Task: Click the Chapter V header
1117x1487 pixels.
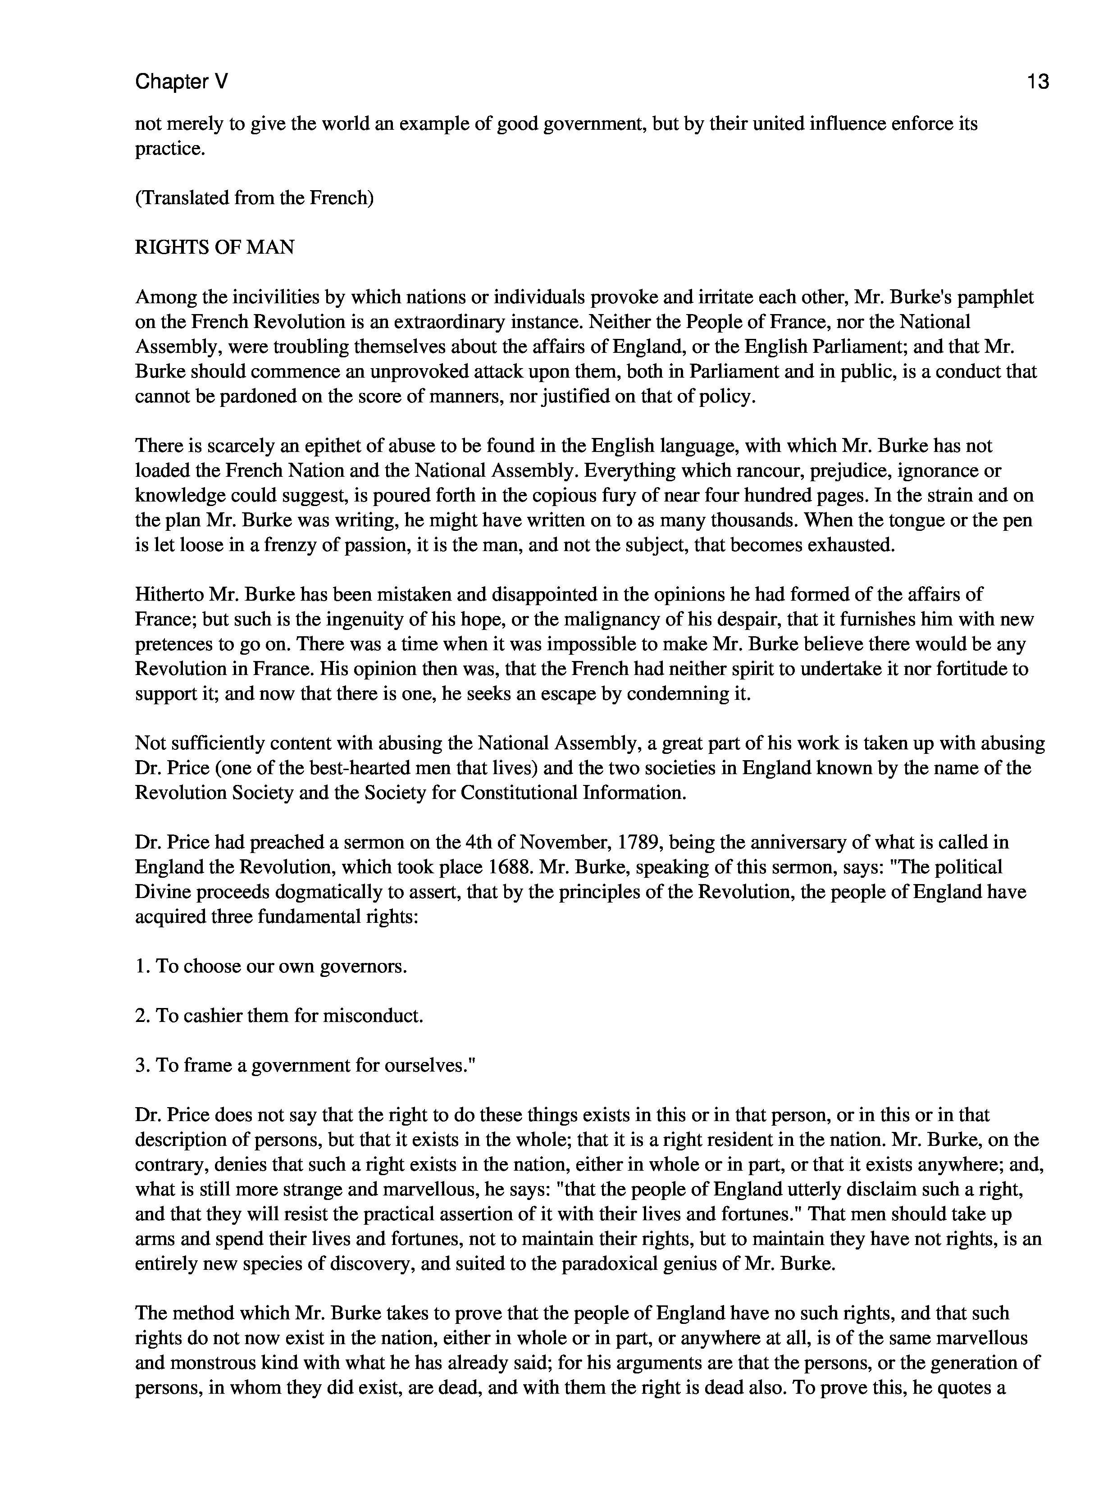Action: point(182,82)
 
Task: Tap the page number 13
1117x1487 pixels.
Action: point(1037,82)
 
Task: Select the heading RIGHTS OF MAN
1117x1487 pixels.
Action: point(214,247)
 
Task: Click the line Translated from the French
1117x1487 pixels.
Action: point(254,198)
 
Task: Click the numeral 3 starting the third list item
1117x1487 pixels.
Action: point(141,1066)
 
